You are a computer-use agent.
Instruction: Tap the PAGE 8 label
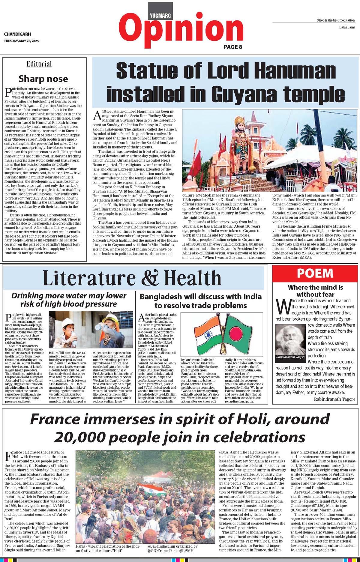point(233,47)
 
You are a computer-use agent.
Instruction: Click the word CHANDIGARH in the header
point(17,34)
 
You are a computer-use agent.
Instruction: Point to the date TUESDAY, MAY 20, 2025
point(21,41)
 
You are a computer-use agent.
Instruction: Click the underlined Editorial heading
point(39,64)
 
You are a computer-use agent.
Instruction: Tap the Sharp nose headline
point(43,79)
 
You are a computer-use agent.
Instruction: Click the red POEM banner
point(315,273)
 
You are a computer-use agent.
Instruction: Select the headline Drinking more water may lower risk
point(69,300)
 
